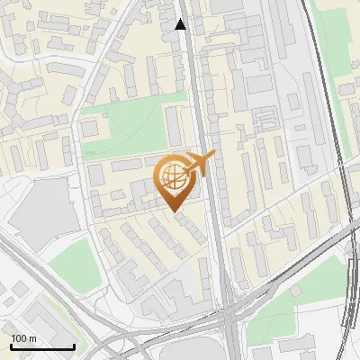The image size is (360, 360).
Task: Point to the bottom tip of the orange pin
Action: pyautogui.click(x=172, y=211)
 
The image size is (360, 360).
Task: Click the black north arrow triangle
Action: pyautogui.click(x=181, y=24)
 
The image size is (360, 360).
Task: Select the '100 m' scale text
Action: pyautogui.click(x=23, y=337)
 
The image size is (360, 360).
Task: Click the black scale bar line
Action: pyautogui.click(x=42, y=346)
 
